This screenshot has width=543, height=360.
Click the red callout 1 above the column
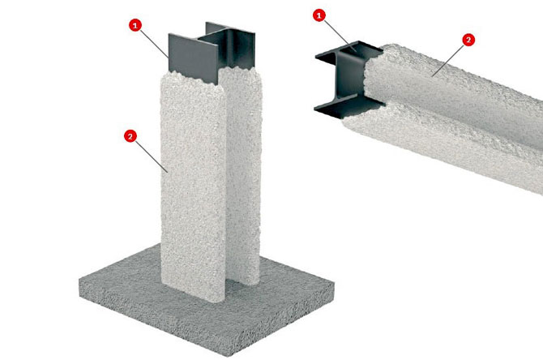(135, 25)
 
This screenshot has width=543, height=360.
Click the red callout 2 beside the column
(130, 136)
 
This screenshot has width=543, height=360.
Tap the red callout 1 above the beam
(319, 15)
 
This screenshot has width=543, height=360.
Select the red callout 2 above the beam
(468, 40)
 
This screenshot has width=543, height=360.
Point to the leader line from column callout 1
(155, 43)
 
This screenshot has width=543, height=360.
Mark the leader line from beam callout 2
(448, 60)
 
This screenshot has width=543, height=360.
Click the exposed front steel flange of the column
(194, 58)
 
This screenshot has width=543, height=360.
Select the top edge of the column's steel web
(212, 35)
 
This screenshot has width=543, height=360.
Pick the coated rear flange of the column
(242, 174)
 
